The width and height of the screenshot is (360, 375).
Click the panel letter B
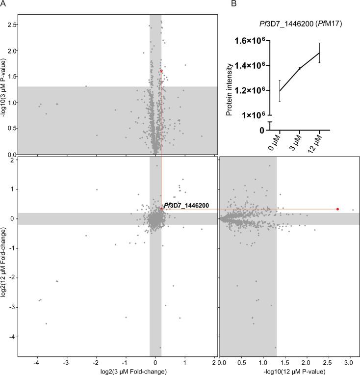234,4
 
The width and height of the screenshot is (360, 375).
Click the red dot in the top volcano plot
161,71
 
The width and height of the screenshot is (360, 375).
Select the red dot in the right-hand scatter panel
337,209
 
